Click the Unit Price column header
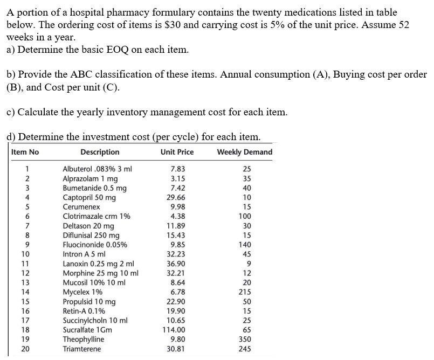coord(177,152)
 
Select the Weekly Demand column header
coord(244,152)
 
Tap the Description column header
coord(100,152)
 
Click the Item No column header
coord(25,152)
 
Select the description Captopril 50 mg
coord(89,197)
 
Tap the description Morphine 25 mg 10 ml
coord(101,273)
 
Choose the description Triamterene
coord(82,349)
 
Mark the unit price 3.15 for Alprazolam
coord(178,178)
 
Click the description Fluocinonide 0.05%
coord(95,245)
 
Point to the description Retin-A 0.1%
coord(84,311)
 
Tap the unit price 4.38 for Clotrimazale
coord(178,216)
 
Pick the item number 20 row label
coord(25,349)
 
